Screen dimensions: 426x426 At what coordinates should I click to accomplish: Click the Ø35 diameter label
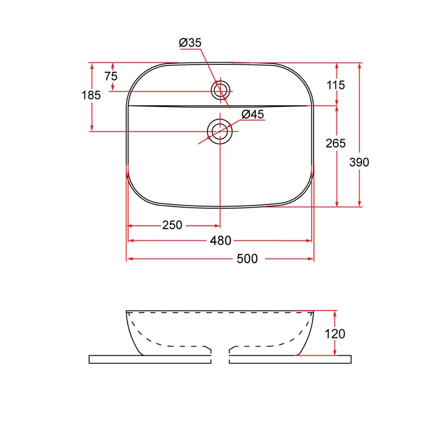click(x=190, y=43)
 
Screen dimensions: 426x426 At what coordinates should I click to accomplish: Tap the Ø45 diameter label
click(x=252, y=114)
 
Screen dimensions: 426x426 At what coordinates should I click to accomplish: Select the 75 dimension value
click(x=111, y=76)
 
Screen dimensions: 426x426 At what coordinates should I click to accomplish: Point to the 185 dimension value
click(x=91, y=95)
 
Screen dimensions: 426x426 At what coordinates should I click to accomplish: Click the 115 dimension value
click(x=336, y=85)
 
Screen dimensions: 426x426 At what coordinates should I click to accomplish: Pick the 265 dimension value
click(x=336, y=143)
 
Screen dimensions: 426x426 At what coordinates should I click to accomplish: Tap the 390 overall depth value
click(x=359, y=162)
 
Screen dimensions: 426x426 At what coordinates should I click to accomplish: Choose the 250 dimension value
click(x=172, y=225)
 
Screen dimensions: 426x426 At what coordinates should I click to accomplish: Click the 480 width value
click(x=220, y=241)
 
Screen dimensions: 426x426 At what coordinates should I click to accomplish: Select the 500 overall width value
click(x=247, y=259)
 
